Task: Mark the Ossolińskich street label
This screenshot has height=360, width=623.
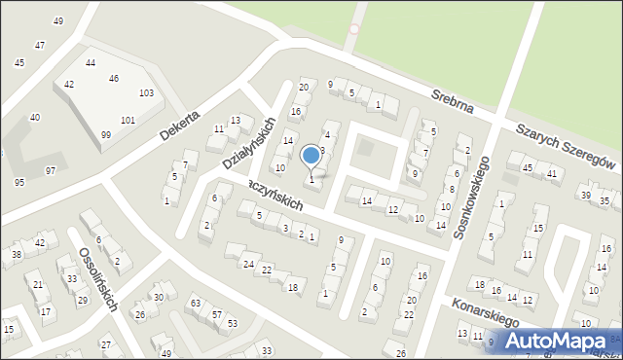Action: pos(99,279)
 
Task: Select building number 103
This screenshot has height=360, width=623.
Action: pos(147,93)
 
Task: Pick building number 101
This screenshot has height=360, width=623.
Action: pos(128,121)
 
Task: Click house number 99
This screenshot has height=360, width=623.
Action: pos(105,135)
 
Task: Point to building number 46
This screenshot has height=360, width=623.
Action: pos(114,79)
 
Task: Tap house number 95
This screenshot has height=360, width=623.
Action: pos(19,183)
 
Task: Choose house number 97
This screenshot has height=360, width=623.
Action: pos(51,170)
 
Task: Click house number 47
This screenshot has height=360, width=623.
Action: pos(39,46)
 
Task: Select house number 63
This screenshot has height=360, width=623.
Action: pos(195,304)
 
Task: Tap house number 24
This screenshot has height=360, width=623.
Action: pos(249,265)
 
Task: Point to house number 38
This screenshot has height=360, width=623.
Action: pos(17,255)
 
